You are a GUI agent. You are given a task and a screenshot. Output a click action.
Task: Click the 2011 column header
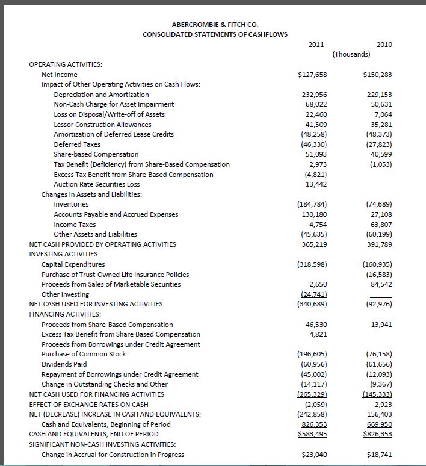pos(315,44)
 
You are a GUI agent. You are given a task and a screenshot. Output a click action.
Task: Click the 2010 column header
pos(384,44)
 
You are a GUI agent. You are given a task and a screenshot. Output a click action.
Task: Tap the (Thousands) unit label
pos(351,55)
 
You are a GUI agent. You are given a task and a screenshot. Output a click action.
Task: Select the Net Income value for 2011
pos(312,75)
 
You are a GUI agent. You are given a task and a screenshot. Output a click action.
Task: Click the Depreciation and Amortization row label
pos(101,95)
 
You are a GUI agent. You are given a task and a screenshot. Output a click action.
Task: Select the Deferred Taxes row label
pos(77,144)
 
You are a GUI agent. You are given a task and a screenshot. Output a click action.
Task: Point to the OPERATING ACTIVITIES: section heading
pos(66,64)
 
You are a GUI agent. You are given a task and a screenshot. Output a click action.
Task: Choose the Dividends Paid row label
pos(64,364)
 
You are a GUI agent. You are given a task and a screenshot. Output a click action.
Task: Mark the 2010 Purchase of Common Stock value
pos(378,354)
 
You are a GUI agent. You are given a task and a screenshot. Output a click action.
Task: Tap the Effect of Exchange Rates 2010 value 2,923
pos(383,404)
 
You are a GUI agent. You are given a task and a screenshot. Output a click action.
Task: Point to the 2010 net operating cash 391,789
pos(379,244)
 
